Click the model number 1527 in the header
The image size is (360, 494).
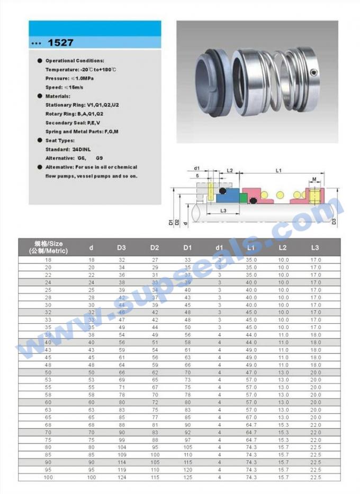[60, 42]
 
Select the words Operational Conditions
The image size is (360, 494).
[75, 61]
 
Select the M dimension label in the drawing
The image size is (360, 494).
[314, 179]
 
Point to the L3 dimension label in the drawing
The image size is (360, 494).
[223, 210]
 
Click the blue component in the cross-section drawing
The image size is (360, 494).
[227, 197]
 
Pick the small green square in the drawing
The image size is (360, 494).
[244, 198]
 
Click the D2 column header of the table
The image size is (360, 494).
[155, 247]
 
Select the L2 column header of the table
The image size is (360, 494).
[283, 247]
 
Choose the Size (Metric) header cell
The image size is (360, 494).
[49, 247]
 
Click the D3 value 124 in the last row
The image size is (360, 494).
[122, 478]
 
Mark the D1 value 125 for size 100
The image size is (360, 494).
[187, 478]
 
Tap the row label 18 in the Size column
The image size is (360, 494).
[49, 260]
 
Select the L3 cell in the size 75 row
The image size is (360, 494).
[316, 440]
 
